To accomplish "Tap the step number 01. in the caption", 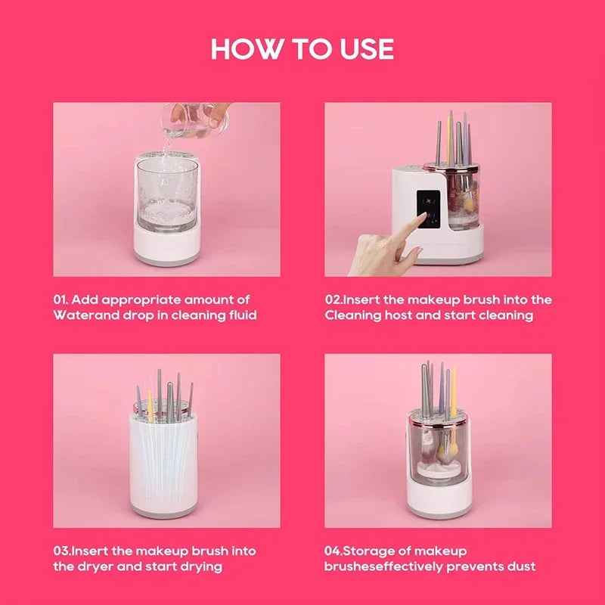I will [x=63, y=300].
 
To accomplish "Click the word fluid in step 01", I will [x=240, y=315].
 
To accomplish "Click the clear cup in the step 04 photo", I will [x=439, y=446].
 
